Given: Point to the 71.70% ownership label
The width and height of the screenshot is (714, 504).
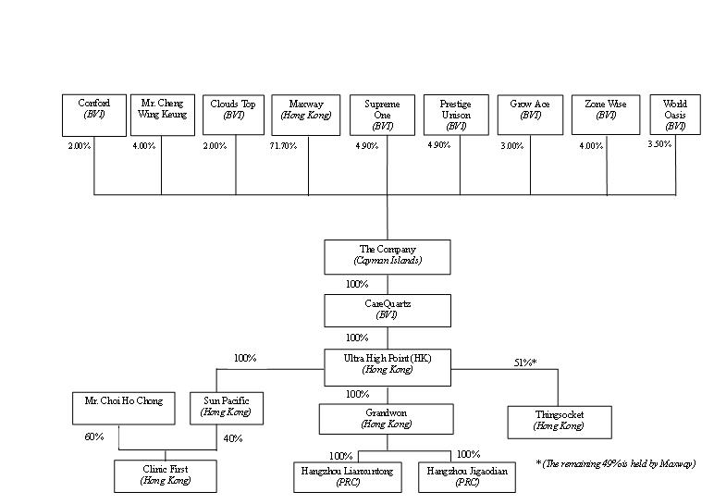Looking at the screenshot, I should (282, 146).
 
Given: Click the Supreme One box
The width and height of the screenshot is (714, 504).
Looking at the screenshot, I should (382, 115).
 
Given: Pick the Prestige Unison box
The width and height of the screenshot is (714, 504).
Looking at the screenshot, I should (455, 115).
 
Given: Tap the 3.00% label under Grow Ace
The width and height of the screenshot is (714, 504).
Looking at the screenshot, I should (512, 146).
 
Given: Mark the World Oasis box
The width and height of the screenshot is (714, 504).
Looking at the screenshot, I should (675, 115).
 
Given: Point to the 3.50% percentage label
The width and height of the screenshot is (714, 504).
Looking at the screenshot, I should (660, 144).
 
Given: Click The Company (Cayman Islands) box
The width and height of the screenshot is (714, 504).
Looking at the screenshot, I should (388, 256).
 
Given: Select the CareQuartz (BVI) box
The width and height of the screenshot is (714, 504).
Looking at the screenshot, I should (388, 310).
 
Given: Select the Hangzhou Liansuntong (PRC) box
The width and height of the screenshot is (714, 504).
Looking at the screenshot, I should (347, 477).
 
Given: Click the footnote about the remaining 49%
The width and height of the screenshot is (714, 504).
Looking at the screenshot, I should (615, 463).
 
